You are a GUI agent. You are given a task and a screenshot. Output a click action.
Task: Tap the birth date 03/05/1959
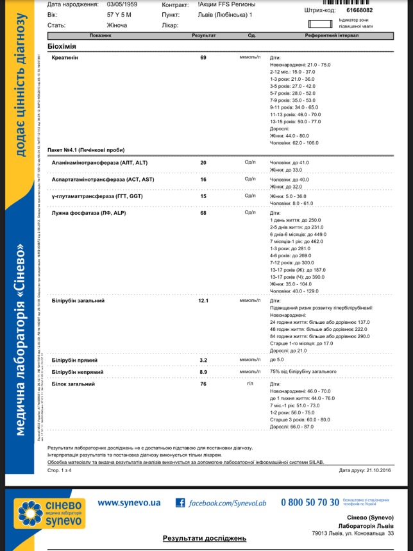click(121, 3)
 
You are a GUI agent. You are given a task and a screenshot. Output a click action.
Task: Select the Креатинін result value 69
click(203, 58)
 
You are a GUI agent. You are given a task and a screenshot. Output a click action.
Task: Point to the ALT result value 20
click(203, 163)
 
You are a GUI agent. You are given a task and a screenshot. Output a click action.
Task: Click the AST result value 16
click(203, 180)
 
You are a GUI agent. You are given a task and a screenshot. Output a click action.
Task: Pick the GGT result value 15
click(203, 196)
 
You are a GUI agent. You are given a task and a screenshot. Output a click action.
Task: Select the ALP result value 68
click(203, 213)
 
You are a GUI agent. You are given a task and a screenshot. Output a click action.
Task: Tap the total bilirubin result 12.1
click(204, 300)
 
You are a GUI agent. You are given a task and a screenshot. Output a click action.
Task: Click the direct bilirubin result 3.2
click(203, 360)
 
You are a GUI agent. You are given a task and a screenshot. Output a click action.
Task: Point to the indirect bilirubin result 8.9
click(203, 372)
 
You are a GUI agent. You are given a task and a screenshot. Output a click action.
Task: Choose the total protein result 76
click(203, 384)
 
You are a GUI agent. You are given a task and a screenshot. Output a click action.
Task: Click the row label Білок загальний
click(73, 384)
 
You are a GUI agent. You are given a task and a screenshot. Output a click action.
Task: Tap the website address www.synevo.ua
click(129, 503)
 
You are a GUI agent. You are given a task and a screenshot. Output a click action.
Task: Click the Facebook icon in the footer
click(180, 504)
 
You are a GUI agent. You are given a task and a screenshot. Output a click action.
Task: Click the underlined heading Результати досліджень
click(205, 539)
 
